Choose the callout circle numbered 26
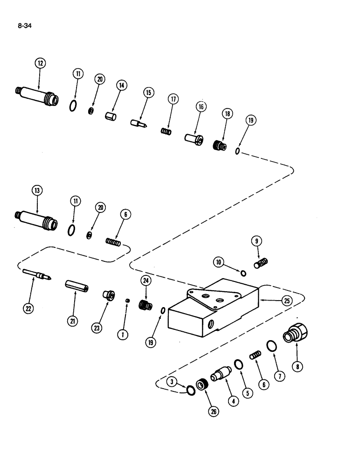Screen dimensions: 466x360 pos(214,412)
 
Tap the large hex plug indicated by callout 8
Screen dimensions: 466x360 pos(296,334)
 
